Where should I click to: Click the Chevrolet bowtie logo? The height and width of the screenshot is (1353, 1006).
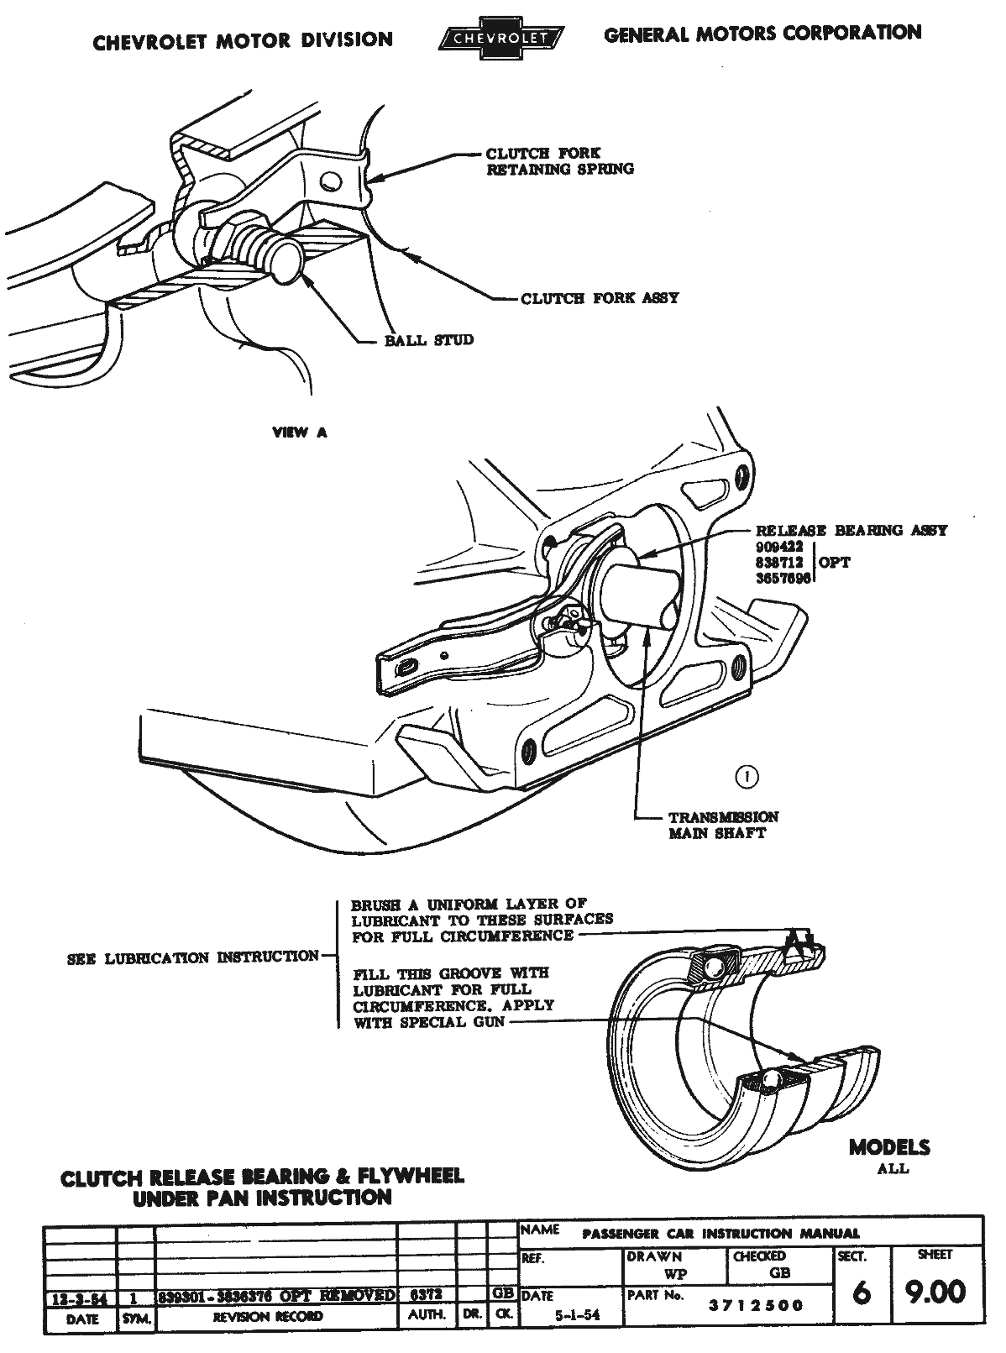[501, 38]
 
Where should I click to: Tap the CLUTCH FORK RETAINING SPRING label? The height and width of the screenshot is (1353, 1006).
[560, 161]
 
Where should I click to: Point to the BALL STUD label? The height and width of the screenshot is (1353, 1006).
[428, 340]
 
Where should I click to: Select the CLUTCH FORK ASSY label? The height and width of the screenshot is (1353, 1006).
[600, 298]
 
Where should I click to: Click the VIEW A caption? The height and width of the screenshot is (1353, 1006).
[300, 433]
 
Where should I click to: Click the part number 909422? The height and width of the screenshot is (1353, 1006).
[780, 546]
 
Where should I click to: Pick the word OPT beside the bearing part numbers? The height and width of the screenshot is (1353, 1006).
[834, 562]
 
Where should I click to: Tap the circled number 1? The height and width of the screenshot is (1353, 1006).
[746, 777]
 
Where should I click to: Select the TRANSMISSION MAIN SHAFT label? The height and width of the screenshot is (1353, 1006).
[722, 825]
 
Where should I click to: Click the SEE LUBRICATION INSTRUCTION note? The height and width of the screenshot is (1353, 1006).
[193, 957]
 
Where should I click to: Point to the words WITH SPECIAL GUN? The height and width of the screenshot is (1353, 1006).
[428, 1022]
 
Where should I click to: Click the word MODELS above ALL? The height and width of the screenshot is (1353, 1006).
[888, 1147]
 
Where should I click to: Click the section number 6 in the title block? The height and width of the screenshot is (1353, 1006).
[860, 1293]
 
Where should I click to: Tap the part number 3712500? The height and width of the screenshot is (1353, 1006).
[756, 1305]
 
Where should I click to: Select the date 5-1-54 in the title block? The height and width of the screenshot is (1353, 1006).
[575, 1316]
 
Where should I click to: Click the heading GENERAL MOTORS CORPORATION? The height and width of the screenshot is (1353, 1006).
[762, 34]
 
